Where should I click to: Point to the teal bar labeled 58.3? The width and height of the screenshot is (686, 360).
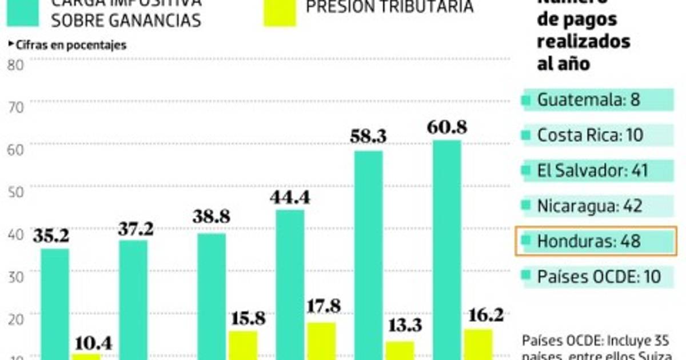[x=368, y=254]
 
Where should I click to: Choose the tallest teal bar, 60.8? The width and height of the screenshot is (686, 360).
[x=446, y=249]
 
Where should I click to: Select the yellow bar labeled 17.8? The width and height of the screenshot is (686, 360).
[x=321, y=341]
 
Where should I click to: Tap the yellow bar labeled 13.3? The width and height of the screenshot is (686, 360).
[x=399, y=350]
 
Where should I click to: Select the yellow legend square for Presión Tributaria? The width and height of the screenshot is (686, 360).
[x=280, y=11]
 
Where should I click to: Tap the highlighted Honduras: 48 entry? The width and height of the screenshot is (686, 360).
[x=596, y=241]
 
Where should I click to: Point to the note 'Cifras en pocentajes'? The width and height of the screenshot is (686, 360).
[x=69, y=45]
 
